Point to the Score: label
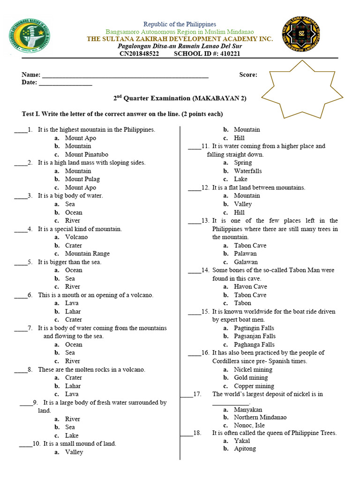click(x=248, y=75)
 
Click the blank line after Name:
click(x=125, y=75)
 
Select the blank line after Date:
click(x=65, y=83)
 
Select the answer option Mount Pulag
click(x=82, y=179)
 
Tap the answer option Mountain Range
click(x=87, y=254)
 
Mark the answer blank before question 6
click(x=20, y=295)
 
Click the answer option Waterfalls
click(x=247, y=171)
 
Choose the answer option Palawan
click(x=245, y=254)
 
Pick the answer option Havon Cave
click(x=250, y=286)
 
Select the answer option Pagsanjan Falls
click(x=255, y=336)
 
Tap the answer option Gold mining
click(x=251, y=377)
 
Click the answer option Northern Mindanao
click(x=260, y=417)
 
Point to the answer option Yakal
click(x=242, y=441)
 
